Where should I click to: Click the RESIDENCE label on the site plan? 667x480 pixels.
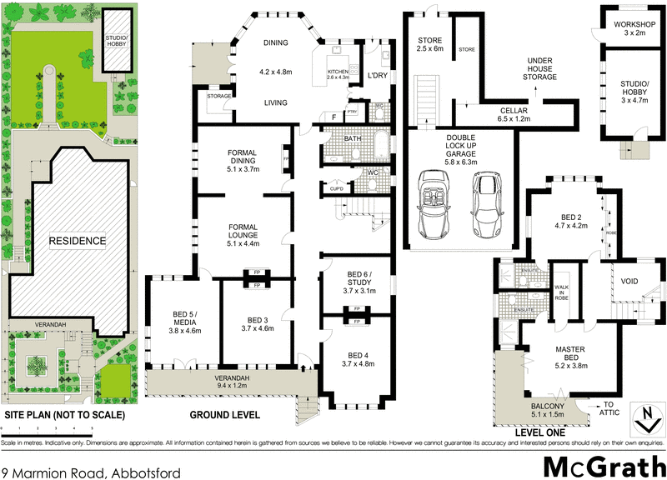[x=76, y=241]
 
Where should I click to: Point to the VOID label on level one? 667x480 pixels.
[x=629, y=281]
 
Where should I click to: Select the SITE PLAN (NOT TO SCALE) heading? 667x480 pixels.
[x=64, y=414]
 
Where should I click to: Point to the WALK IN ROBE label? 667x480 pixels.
[x=562, y=291]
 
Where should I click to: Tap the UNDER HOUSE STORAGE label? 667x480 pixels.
[x=539, y=69]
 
